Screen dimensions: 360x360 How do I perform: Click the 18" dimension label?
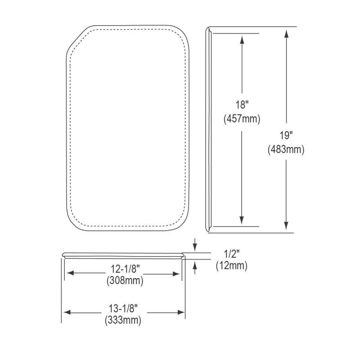[x=242, y=105]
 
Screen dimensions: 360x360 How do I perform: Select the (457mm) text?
[x=242, y=119]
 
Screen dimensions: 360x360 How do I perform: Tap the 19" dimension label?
[x=286, y=135]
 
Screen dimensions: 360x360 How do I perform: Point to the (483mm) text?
[x=286, y=149]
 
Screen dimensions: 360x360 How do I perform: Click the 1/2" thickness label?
[x=232, y=254]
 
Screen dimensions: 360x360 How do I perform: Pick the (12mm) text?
[x=232, y=265]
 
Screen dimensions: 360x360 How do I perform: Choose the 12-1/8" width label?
[x=126, y=269]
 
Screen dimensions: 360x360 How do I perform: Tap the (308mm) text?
[x=125, y=280]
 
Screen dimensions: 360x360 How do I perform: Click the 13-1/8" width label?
[x=123, y=308]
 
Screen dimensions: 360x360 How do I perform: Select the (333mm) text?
[x=123, y=320]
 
